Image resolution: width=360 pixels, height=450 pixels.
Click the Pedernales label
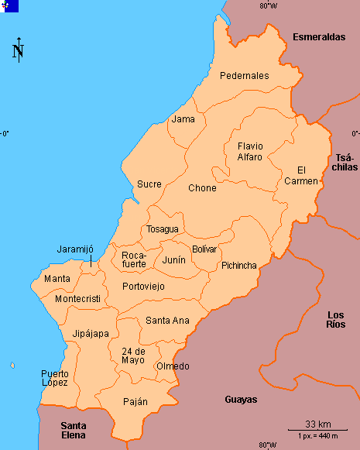point(244,76)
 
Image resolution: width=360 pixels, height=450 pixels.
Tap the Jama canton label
point(183,119)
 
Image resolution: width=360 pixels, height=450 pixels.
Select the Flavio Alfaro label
point(250,151)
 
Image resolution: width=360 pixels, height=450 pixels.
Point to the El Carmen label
point(307,175)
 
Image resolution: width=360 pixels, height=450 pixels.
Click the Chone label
point(202,188)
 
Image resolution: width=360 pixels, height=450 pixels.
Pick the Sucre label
point(149,184)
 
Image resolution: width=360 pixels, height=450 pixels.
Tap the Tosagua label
point(163,229)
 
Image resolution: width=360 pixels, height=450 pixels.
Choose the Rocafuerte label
point(134,259)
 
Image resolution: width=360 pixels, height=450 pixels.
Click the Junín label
point(174,260)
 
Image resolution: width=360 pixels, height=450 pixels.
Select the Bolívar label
point(204,249)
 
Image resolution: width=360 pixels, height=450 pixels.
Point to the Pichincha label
point(238,266)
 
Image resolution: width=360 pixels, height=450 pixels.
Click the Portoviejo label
point(143,286)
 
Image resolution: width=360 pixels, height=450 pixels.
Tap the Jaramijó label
point(75,249)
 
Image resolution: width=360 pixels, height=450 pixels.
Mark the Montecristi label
point(77,299)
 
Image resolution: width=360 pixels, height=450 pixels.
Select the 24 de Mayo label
point(133,356)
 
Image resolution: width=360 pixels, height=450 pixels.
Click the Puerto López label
point(55,378)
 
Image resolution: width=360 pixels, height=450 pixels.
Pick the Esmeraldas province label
point(318,36)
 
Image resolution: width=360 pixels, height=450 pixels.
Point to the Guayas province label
point(240,400)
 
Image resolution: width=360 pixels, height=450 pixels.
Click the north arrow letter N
point(18,52)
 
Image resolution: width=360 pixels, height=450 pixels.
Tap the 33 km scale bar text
point(318,424)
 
